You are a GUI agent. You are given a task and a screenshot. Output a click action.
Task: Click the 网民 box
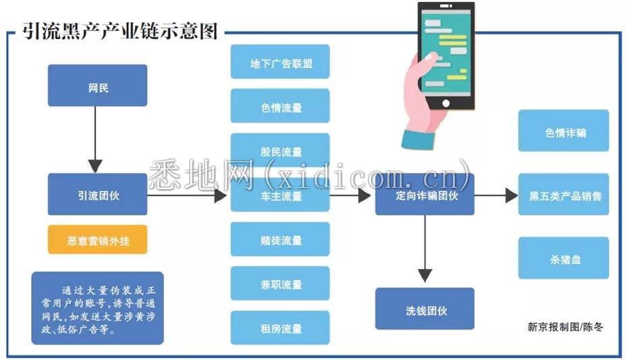[x=98, y=86]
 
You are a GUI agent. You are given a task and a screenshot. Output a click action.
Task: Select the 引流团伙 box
[x=98, y=195]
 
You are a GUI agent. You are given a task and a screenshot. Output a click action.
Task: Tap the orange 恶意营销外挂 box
[x=98, y=240]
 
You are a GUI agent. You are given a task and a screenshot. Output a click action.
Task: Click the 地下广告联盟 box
[x=280, y=61]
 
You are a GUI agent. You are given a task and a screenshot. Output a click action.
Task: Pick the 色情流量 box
[x=280, y=106]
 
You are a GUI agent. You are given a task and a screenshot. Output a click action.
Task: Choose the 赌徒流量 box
[x=280, y=239]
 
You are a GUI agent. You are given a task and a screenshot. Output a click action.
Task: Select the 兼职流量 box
[x=280, y=284]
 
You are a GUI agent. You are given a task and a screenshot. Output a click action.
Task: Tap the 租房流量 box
[x=280, y=328]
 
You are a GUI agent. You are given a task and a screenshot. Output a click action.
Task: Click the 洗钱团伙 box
[x=425, y=309]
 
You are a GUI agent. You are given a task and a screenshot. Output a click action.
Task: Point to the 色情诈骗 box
[x=564, y=131]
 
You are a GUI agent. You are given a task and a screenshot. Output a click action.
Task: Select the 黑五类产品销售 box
[x=564, y=195]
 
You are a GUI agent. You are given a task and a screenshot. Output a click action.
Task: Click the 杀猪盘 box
[x=564, y=258]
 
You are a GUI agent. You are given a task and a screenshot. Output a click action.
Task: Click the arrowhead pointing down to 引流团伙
[x=95, y=166]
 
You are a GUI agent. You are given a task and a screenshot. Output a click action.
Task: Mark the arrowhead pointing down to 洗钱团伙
[x=425, y=275]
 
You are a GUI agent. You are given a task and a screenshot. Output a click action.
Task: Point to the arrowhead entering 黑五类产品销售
[x=512, y=196]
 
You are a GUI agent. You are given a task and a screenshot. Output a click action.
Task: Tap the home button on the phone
[x=446, y=103]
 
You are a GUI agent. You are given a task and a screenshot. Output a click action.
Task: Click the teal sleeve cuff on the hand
[x=418, y=140]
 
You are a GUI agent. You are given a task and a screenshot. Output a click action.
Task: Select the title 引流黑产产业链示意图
[x=120, y=31]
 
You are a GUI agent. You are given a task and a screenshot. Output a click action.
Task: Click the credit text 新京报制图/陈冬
[x=565, y=327]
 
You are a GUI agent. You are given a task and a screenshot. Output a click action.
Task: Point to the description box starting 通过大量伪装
[x=98, y=308]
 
